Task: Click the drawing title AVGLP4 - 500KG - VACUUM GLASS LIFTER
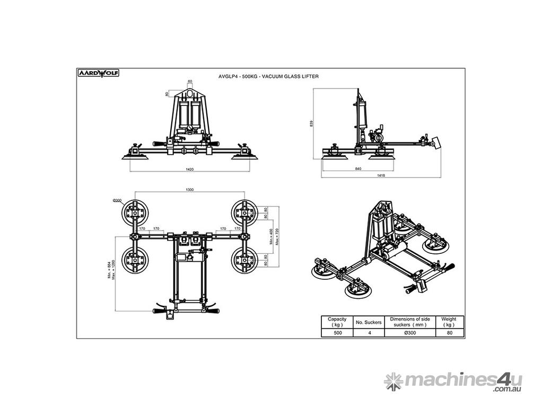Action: pos(268,76)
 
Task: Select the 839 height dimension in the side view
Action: pos(312,123)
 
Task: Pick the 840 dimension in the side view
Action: pos(358,169)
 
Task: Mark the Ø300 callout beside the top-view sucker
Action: pos(117,200)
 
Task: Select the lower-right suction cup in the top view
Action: pos(244,260)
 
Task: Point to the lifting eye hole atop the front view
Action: pos(189,96)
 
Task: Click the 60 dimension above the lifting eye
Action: pos(189,82)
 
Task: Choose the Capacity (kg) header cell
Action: pos(337,322)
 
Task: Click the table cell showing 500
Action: pos(337,333)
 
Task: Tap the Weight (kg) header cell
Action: pos(449,322)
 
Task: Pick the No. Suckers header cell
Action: pos(369,322)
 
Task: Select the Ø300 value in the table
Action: pos(409,333)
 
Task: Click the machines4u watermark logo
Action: pos(453,382)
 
